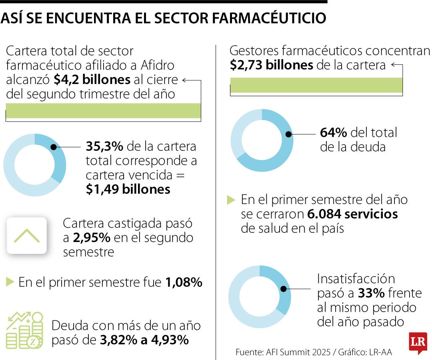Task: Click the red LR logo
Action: [x=418, y=342]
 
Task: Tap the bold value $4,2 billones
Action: [x=92, y=80]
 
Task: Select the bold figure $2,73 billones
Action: [x=271, y=65]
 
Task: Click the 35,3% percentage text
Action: [x=104, y=146]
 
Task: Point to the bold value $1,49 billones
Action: [x=128, y=189]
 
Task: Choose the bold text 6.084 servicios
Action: [x=352, y=214]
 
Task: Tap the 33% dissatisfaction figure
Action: [x=371, y=293]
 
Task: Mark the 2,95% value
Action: [x=92, y=238]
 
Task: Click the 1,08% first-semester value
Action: [x=184, y=283]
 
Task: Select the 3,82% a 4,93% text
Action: [x=144, y=340]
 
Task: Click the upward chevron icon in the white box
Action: [x=27, y=236]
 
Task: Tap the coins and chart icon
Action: [x=24, y=330]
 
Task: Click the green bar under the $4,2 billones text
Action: [x=103, y=111]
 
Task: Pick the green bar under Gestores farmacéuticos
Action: [x=316, y=85]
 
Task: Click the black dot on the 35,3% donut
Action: [x=53, y=147]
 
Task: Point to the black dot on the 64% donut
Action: [x=288, y=134]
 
